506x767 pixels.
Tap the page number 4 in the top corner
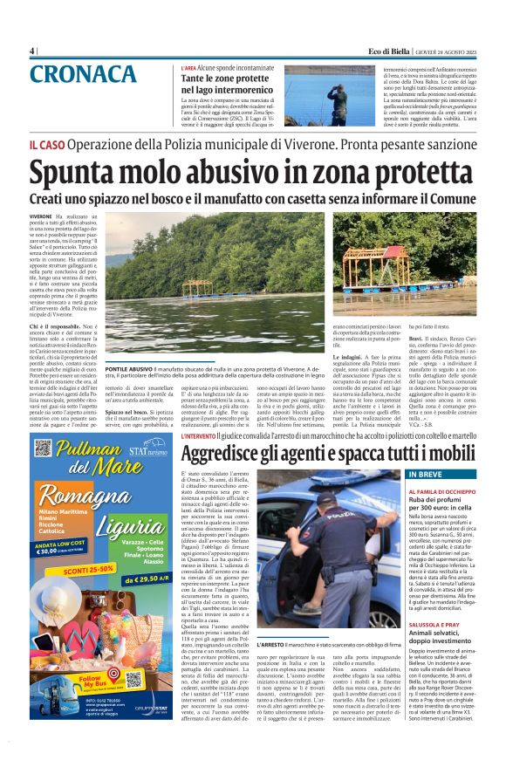32,51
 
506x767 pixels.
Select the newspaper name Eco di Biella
393,51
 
